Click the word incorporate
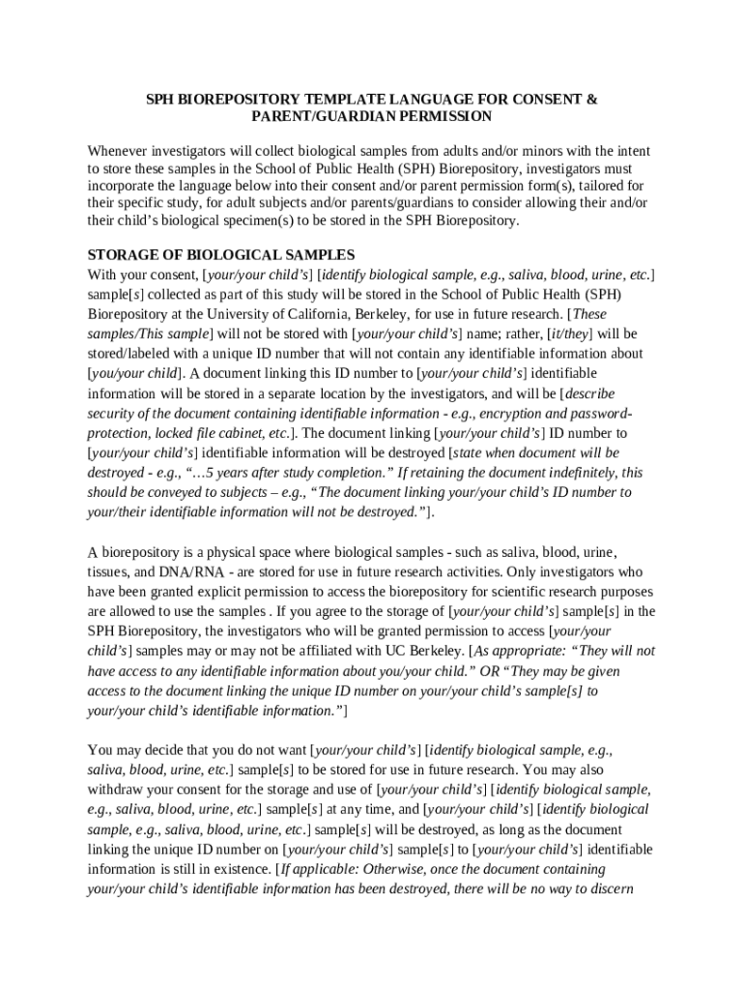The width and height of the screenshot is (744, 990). pos(124,186)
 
